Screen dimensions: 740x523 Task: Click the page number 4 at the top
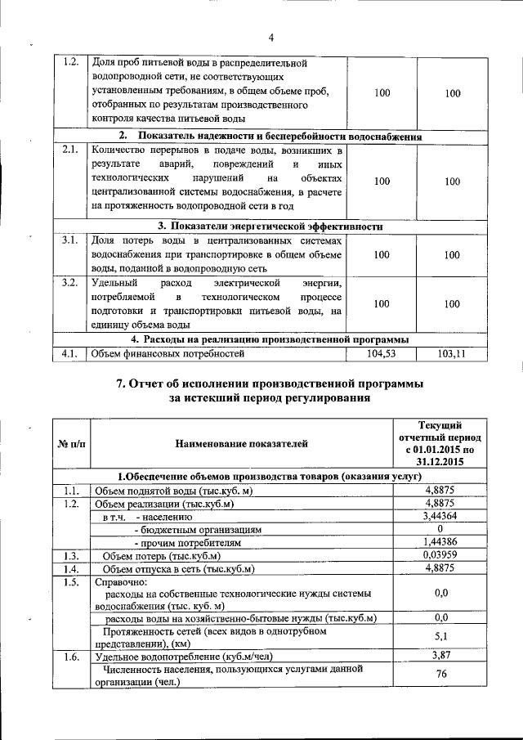coord(270,37)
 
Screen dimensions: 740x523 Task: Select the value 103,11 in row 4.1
coord(452,354)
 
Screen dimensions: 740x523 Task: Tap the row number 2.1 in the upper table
coord(69,150)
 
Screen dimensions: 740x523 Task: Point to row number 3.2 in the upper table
coord(69,283)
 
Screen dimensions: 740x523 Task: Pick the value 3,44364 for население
coord(441,516)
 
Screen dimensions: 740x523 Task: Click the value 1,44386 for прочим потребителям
coord(441,541)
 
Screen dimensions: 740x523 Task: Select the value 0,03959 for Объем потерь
coord(441,555)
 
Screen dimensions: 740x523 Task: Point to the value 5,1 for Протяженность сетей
coord(441,635)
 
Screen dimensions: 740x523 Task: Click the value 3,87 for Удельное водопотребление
coord(441,656)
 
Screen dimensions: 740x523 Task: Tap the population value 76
coord(441,675)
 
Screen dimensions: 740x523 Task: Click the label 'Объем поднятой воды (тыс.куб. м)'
coord(174,490)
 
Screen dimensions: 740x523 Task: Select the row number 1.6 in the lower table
coord(69,656)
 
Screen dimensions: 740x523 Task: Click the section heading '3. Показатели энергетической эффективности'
coord(270,226)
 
